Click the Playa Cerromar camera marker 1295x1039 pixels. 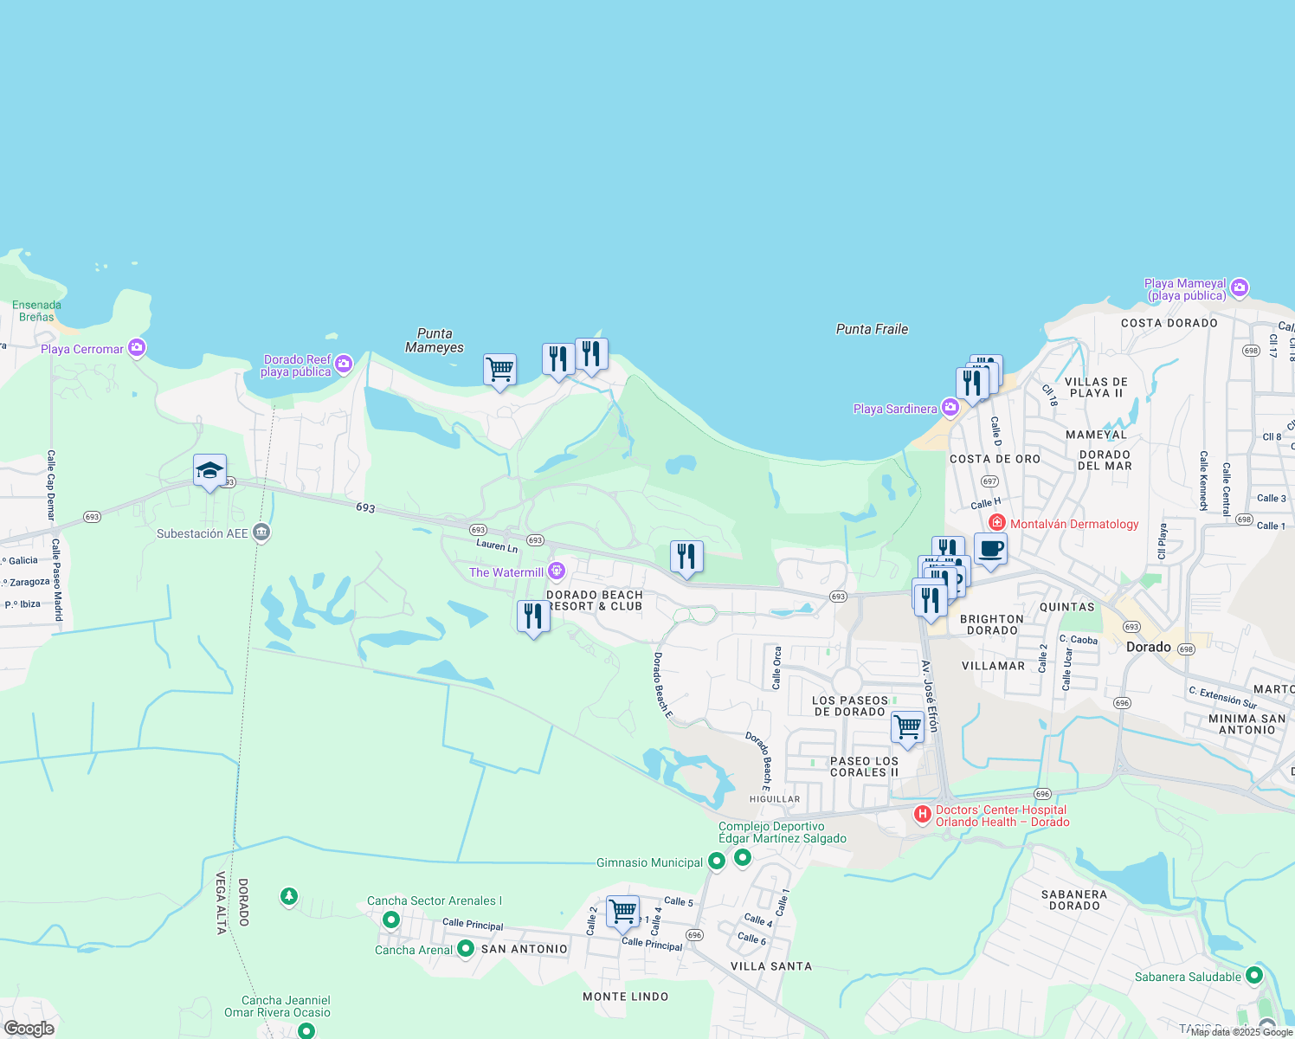[136, 348]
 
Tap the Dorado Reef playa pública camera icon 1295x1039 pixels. [344, 364]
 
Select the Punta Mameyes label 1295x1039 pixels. [435, 340]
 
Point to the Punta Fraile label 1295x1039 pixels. [872, 329]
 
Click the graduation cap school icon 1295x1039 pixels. [209, 470]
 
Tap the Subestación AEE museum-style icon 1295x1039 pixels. [261, 533]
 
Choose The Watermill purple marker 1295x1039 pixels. [556, 571]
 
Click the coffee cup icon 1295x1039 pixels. [990, 549]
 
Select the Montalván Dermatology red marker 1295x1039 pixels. [997, 523]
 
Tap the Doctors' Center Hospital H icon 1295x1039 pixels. [923, 814]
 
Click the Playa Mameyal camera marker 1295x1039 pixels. [1240, 287]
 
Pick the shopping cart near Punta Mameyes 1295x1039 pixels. [499, 370]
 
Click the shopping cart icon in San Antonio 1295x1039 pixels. [622, 912]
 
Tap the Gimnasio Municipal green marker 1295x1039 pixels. [716, 862]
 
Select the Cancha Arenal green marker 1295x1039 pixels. [465, 949]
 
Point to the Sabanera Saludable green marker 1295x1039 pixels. [1254, 976]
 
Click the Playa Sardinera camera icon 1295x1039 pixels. [950, 408]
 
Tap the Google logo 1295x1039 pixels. [29, 1029]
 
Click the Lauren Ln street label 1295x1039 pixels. [497, 545]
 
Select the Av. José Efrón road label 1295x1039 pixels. [930, 696]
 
